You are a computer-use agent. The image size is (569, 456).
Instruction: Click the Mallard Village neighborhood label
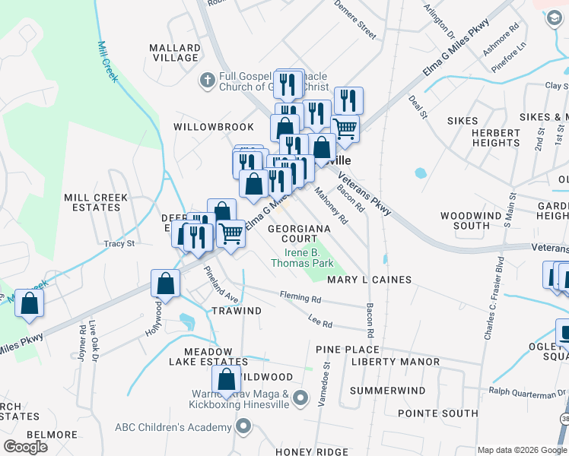click(175, 52)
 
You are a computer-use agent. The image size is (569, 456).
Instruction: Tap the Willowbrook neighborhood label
click(202, 126)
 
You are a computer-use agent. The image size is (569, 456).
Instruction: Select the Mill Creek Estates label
click(96, 202)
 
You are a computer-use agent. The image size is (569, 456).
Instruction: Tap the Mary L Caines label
click(369, 280)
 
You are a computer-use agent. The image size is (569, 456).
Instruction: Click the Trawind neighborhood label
click(236, 310)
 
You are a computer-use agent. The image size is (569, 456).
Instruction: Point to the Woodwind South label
click(471, 220)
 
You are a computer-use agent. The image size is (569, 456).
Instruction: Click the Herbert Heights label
click(495, 138)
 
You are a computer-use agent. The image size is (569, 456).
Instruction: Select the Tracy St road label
click(119, 244)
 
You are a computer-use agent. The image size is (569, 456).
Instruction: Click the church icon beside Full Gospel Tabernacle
click(207, 79)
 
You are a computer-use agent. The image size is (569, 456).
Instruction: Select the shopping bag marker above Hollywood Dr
click(166, 284)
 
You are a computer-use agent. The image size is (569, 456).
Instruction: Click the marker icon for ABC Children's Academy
click(243, 426)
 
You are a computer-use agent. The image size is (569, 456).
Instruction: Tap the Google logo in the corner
click(26, 447)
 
